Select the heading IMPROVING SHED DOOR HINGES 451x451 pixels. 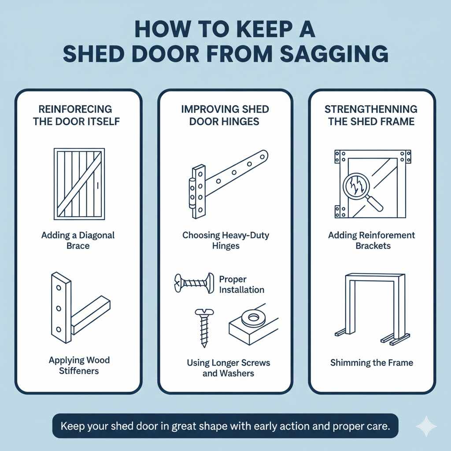point(225,115)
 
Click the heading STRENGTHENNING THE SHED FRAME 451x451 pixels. point(371,115)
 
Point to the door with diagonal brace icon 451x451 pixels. point(79,184)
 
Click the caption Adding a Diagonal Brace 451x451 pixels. point(78,240)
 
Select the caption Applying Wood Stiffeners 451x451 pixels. point(79,365)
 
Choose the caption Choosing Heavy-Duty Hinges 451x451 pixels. point(225,240)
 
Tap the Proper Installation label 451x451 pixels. point(241,285)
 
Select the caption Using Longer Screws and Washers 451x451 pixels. point(228,368)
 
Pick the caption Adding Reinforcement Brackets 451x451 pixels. point(371,240)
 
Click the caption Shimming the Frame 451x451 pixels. point(371,363)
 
